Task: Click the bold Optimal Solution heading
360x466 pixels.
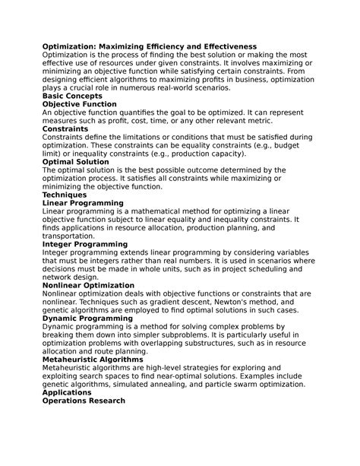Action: click(76, 162)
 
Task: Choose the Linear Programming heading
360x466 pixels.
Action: click(83, 203)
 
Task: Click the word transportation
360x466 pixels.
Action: click(71, 236)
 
